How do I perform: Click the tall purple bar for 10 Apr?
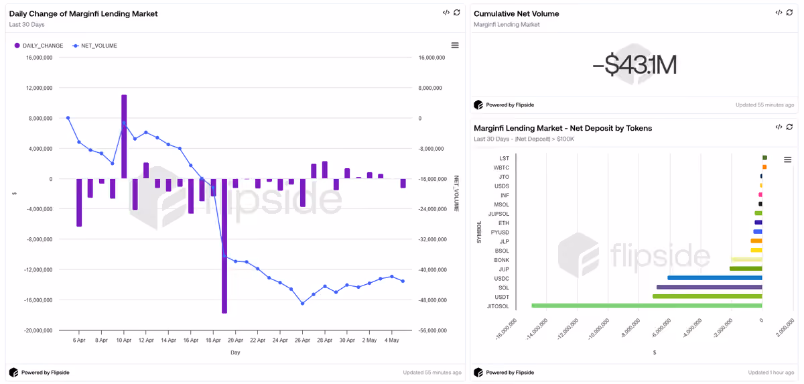[x=124, y=137]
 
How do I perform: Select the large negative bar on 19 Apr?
[x=224, y=246]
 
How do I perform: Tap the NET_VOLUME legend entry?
[x=94, y=46]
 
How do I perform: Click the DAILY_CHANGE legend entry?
[x=39, y=46]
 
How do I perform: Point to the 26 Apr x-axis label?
[x=302, y=340]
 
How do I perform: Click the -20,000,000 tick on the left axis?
[x=38, y=330]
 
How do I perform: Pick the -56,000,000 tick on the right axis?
[x=433, y=330]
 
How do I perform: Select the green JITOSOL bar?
[x=647, y=306]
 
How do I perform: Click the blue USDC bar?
[x=715, y=277]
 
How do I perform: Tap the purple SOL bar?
[x=710, y=287]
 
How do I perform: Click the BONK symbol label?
[x=501, y=260]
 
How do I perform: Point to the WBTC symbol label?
[x=501, y=168]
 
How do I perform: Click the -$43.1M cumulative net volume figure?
[x=634, y=65]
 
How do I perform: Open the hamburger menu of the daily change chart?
[x=455, y=45]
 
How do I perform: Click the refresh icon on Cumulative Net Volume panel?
[x=790, y=13]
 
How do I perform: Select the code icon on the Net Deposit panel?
[x=779, y=127]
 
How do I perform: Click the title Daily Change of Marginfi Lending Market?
[x=83, y=13]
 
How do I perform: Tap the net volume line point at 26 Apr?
[x=303, y=304]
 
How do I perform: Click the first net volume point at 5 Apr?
[x=68, y=118]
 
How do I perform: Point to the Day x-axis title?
[x=235, y=353]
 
